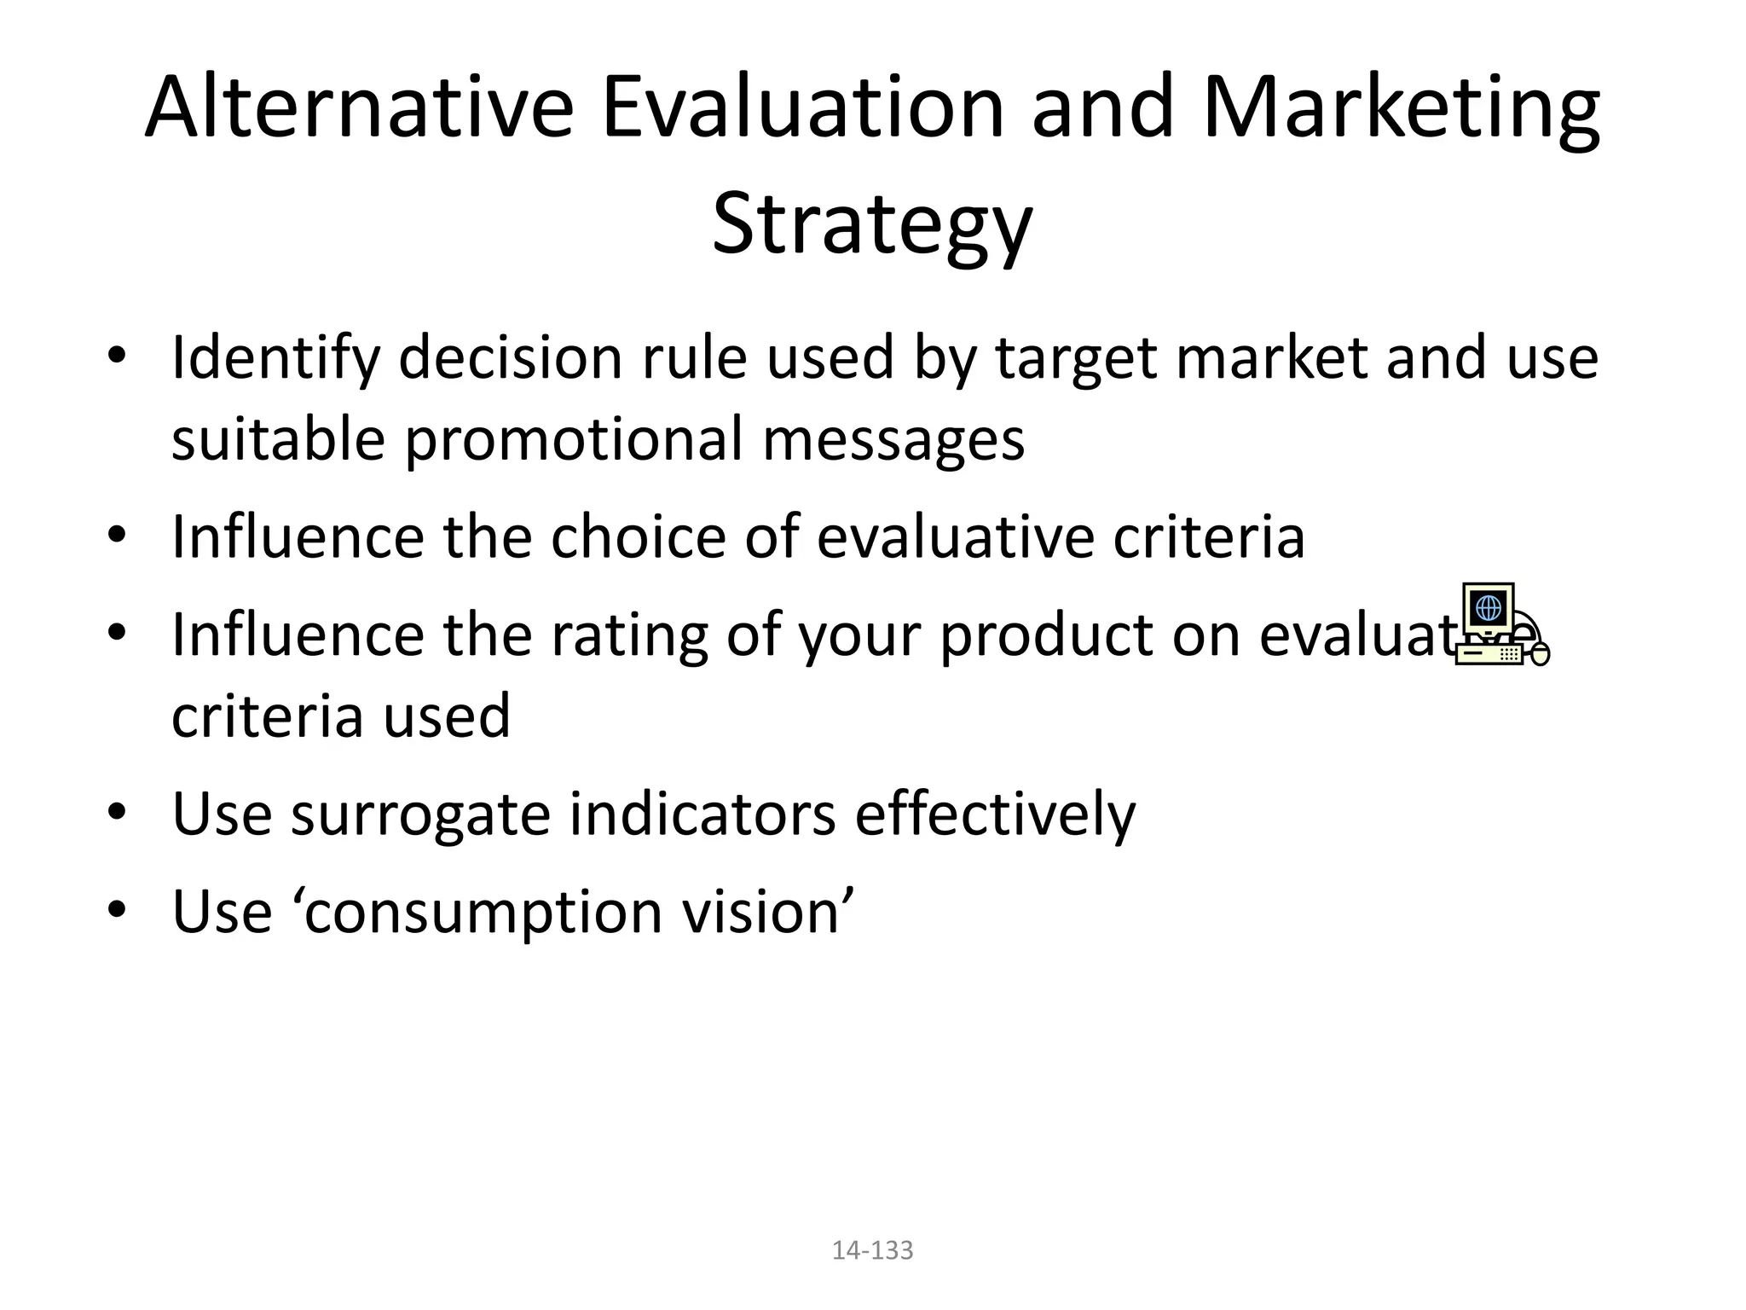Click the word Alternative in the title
(x=358, y=108)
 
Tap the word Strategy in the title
(x=872, y=224)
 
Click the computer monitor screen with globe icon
(x=1488, y=608)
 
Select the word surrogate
(x=421, y=814)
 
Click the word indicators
(x=702, y=814)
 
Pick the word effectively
(x=995, y=814)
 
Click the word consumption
(x=483, y=912)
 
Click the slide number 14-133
(x=872, y=1250)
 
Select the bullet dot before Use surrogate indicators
(x=117, y=810)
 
